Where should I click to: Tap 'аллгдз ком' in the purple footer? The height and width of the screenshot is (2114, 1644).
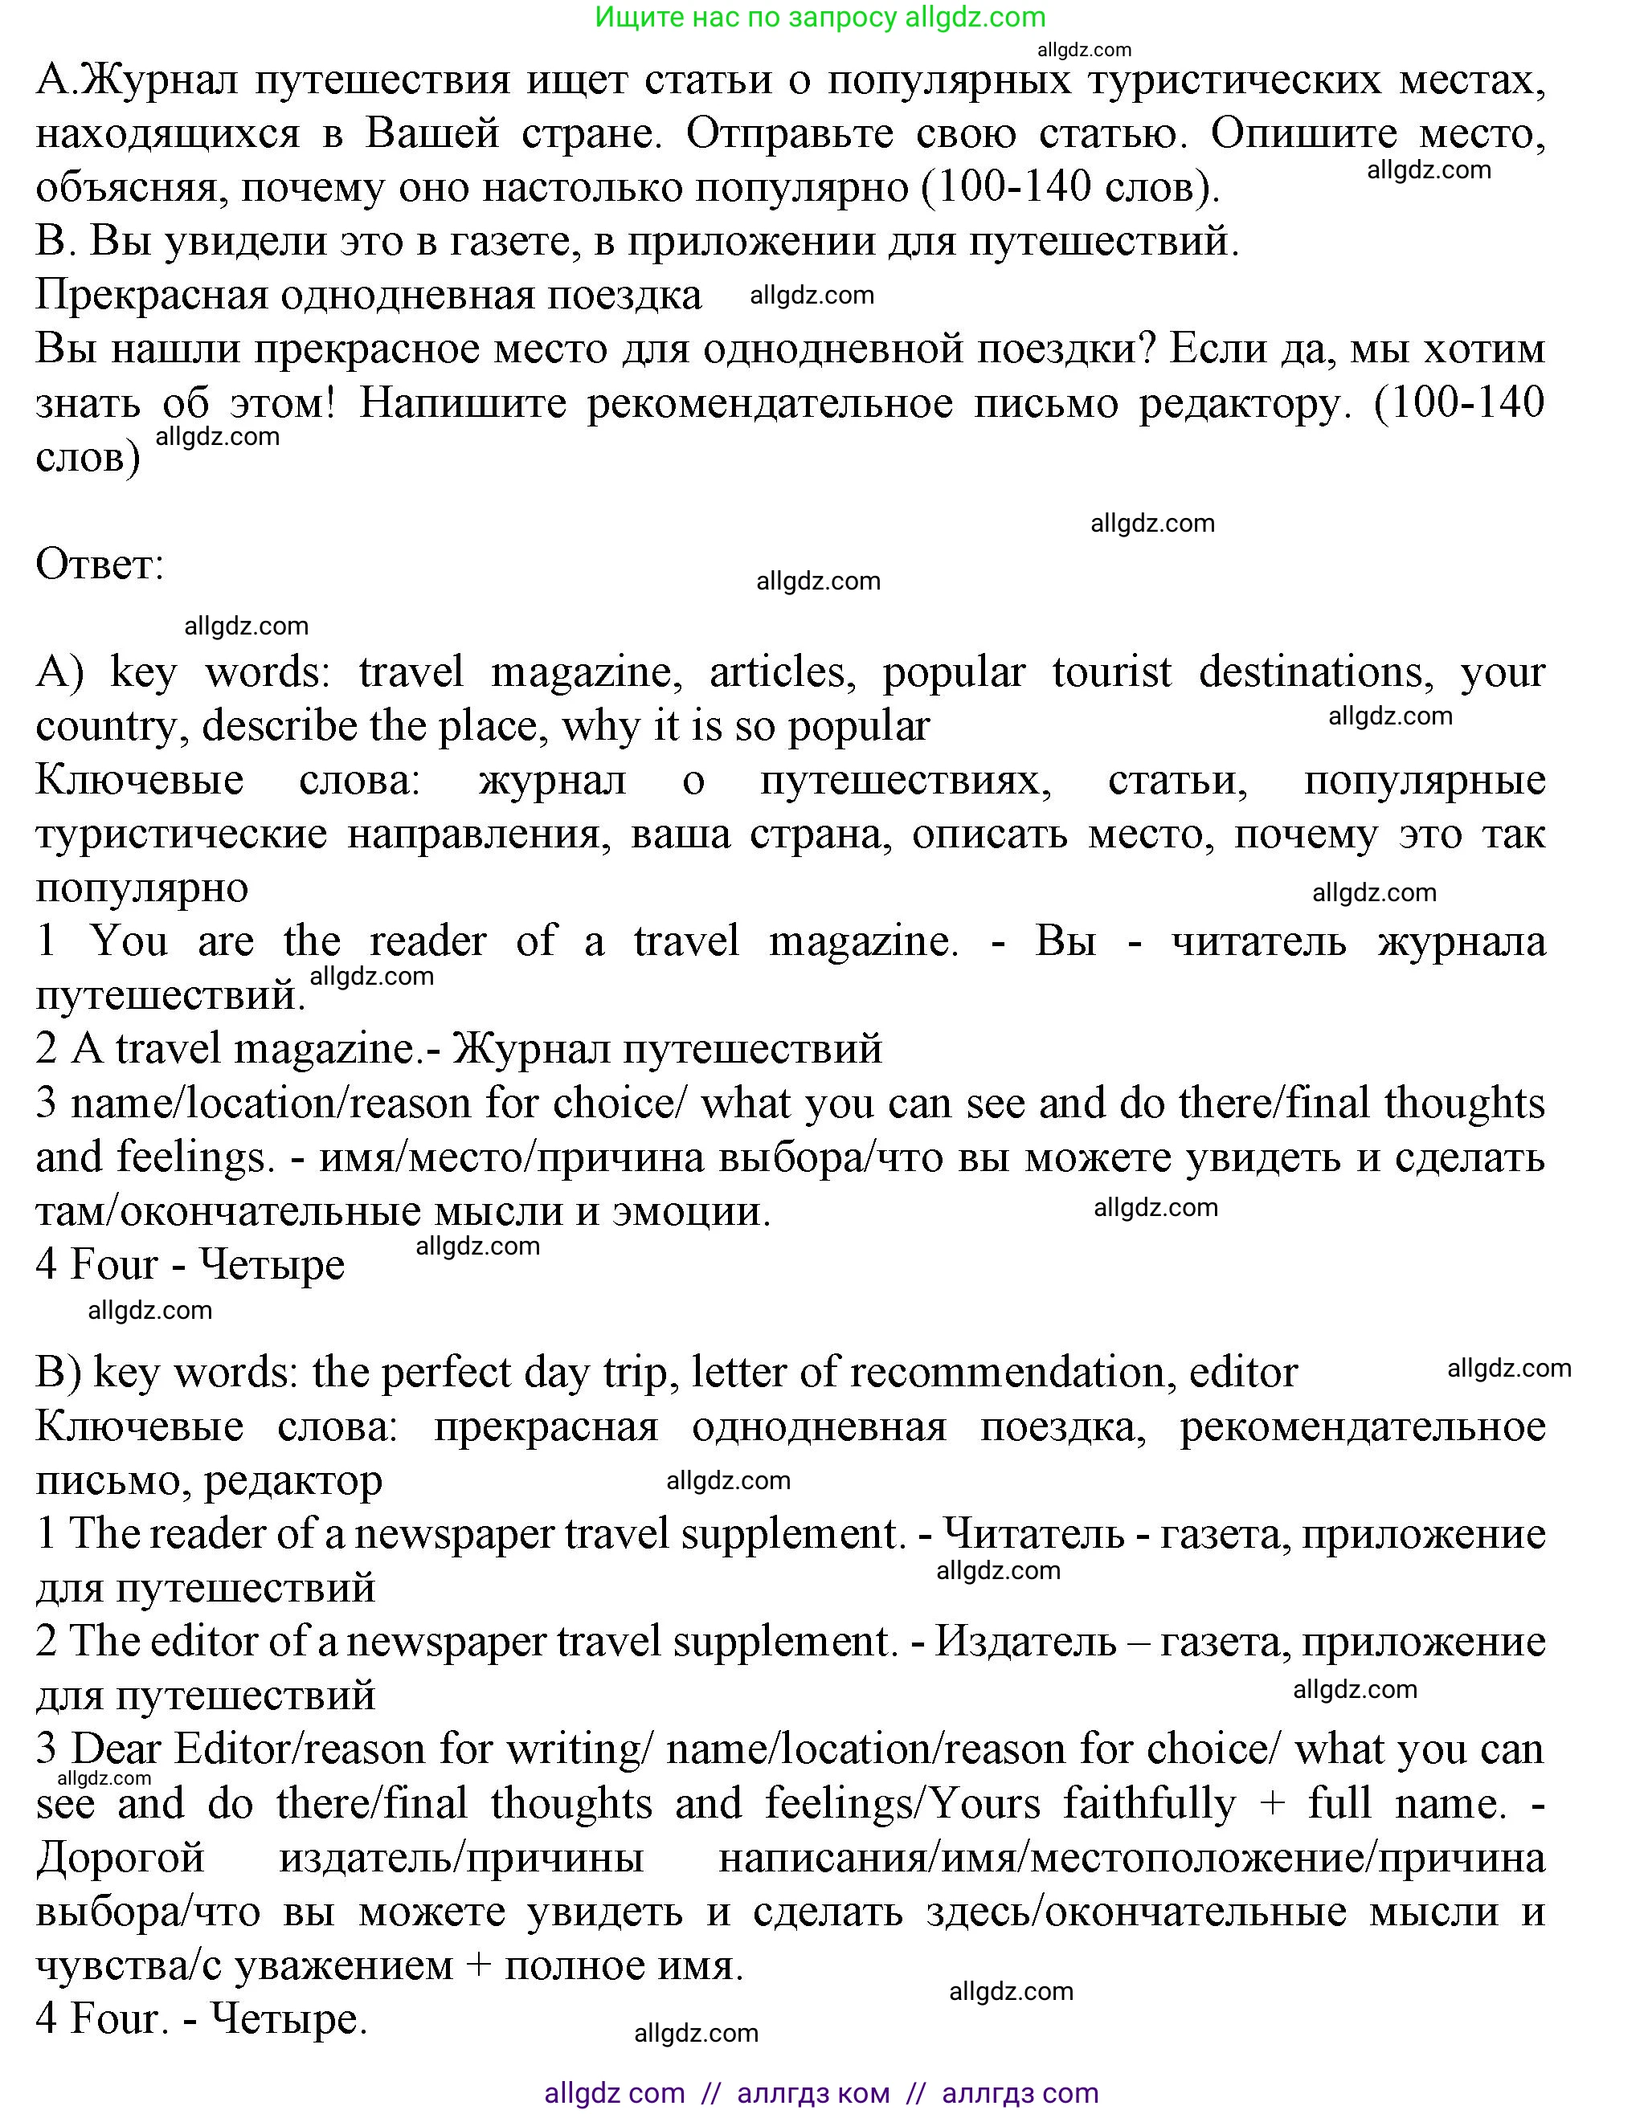tap(813, 2092)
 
